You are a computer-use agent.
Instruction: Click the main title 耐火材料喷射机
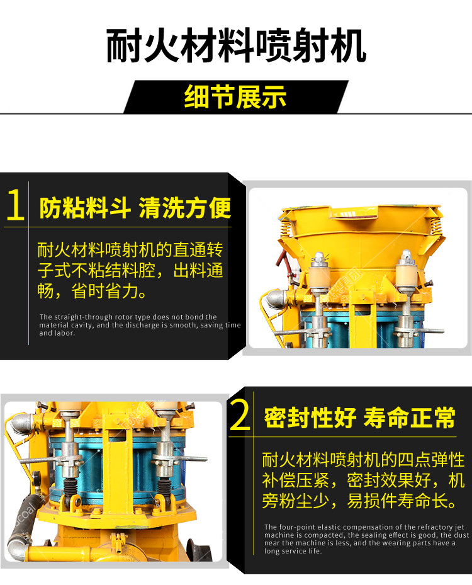tap(235, 45)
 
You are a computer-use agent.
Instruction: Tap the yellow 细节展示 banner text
tap(235, 96)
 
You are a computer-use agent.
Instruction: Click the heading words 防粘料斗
tap(85, 207)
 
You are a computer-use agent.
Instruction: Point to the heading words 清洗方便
tap(184, 207)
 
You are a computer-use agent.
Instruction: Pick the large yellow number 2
tap(240, 414)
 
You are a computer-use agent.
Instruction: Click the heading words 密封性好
tap(310, 417)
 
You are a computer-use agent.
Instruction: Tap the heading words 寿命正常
tap(410, 417)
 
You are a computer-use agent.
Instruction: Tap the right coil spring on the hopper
tap(435, 224)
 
